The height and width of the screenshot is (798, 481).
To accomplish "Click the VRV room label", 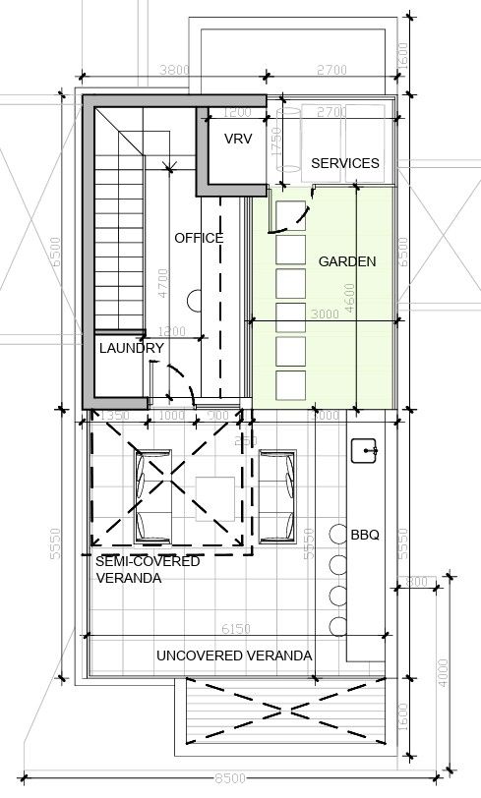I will [x=238, y=140].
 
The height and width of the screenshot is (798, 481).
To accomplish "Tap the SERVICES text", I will [x=344, y=163].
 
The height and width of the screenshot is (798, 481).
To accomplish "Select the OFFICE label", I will [x=199, y=238].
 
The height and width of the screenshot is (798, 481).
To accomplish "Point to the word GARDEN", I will [x=346, y=261].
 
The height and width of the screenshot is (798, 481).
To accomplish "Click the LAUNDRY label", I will [x=131, y=348].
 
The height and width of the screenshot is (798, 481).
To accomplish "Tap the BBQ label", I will [x=365, y=536].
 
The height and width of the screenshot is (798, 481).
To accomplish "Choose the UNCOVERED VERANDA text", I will [x=234, y=655].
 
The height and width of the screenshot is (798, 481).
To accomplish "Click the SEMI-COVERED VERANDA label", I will [x=148, y=569].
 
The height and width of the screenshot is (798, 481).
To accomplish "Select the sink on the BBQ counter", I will [x=366, y=451].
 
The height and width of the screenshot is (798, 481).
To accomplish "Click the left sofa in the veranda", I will [x=152, y=496].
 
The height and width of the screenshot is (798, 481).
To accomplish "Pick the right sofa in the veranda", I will [x=278, y=496].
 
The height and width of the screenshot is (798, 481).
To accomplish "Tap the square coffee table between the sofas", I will [x=214, y=496].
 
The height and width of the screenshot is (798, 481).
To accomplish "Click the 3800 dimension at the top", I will [x=173, y=70].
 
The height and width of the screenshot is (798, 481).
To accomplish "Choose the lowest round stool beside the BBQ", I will [x=338, y=626].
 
